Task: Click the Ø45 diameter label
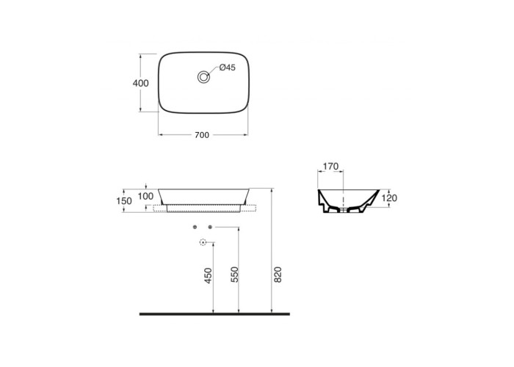click(x=228, y=68)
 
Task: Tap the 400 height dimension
click(x=141, y=83)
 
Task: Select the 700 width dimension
click(x=202, y=135)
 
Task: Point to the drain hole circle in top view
click(x=203, y=77)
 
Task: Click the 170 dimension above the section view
click(x=330, y=167)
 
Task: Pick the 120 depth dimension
click(x=389, y=198)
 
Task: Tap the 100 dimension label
click(x=145, y=196)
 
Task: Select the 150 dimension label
click(x=124, y=201)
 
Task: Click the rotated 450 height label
click(x=208, y=275)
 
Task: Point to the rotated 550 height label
click(x=235, y=275)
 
